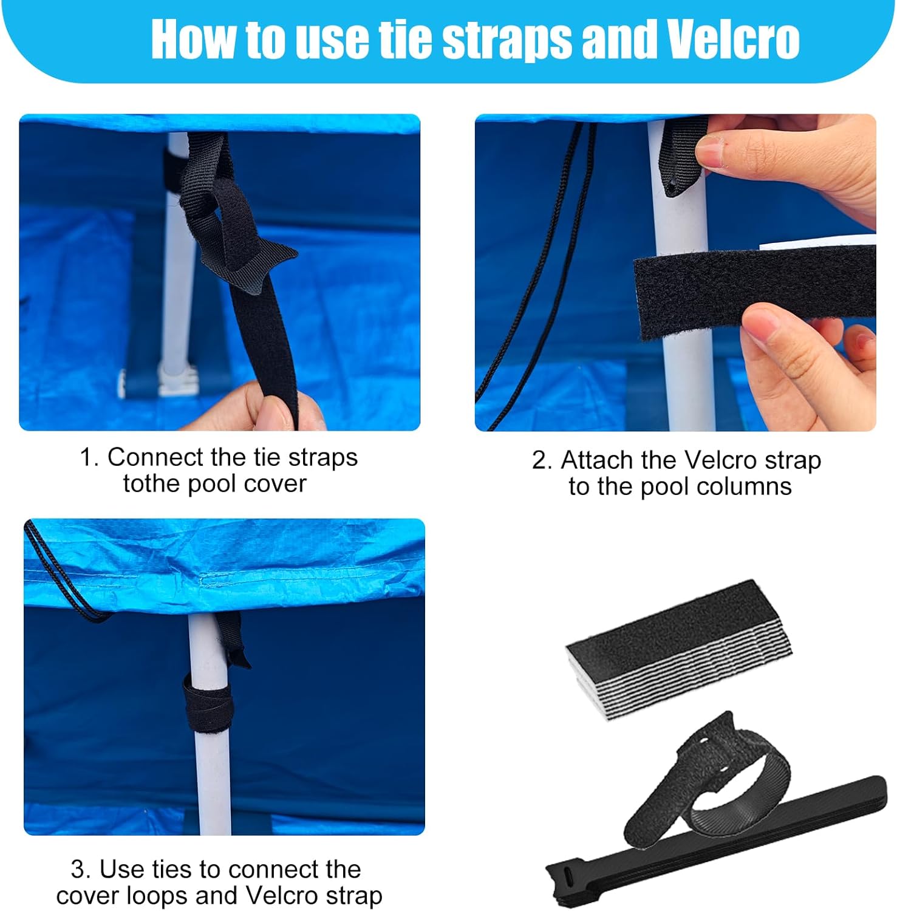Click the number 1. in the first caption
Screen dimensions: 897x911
coord(89,457)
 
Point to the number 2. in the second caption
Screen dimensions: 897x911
coord(542,460)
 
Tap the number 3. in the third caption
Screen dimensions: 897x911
coord(80,869)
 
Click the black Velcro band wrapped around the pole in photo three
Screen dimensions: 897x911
coord(208,701)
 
